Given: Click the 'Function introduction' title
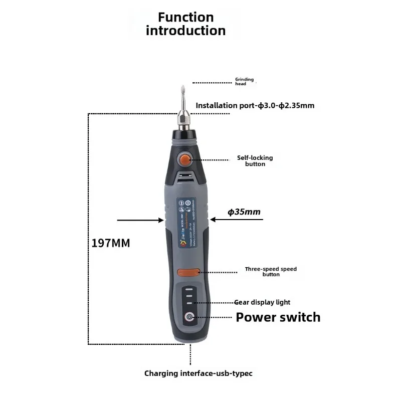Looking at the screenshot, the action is tap(185, 24).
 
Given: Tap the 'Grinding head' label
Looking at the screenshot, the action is tap(245, 82).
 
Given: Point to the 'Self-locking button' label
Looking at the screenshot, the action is tap(255, 160).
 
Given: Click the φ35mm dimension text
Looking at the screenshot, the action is tap(244, 212).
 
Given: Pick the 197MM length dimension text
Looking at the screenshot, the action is tap(111, 244).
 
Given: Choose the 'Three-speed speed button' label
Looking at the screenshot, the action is tap(271, 272).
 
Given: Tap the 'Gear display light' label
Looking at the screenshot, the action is tap(262, 302).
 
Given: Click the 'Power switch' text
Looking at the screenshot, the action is tap(278, 317).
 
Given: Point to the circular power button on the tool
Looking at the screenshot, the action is tap(189, 317).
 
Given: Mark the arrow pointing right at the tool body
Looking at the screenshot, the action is tap(140, 220).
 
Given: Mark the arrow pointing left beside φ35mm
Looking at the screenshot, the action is tap(219, 219).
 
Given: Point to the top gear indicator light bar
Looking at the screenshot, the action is tap(189, 289).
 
